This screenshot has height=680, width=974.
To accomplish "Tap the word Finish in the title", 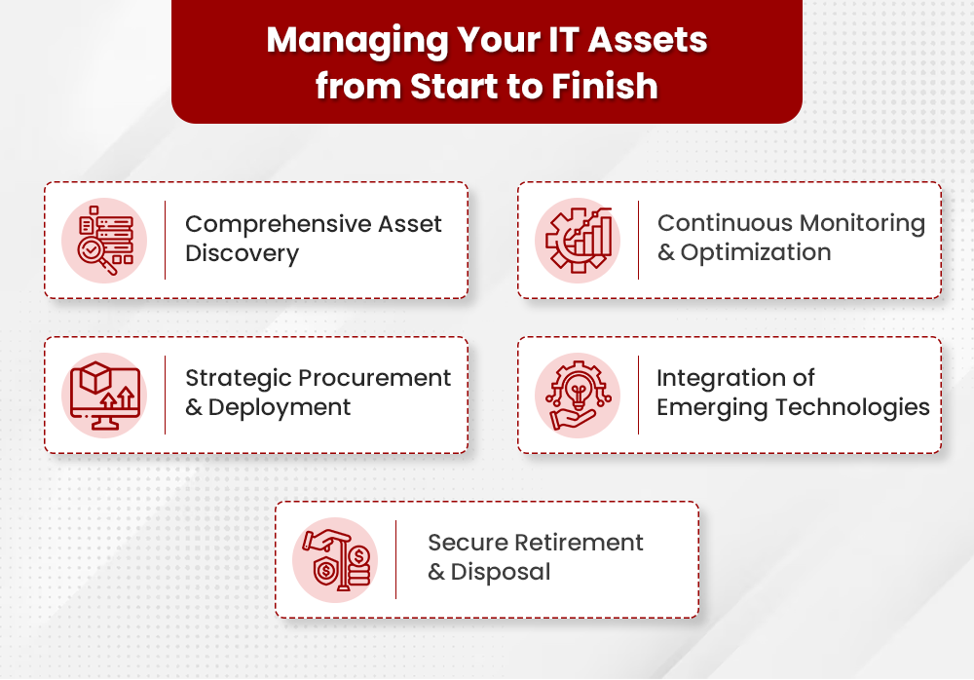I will (605, 86).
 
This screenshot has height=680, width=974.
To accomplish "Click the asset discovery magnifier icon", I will (104, 240).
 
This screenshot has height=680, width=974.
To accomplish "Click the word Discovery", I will (242, 254).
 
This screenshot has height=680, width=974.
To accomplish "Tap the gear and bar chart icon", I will (578, 240).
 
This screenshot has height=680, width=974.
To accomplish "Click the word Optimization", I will (756, 252).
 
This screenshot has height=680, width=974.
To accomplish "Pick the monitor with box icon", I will (104, 396).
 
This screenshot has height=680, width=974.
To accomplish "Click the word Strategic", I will (238, 378).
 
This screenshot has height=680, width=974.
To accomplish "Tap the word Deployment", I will (280, 407).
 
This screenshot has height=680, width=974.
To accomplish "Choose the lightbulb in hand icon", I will (578, 396).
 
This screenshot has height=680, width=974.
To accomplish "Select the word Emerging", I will (709, 407).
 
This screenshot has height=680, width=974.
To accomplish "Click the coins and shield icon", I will (335, 560).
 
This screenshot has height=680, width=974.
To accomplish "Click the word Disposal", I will (501, 572).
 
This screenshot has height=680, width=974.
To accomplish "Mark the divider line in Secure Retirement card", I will (396, 560).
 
